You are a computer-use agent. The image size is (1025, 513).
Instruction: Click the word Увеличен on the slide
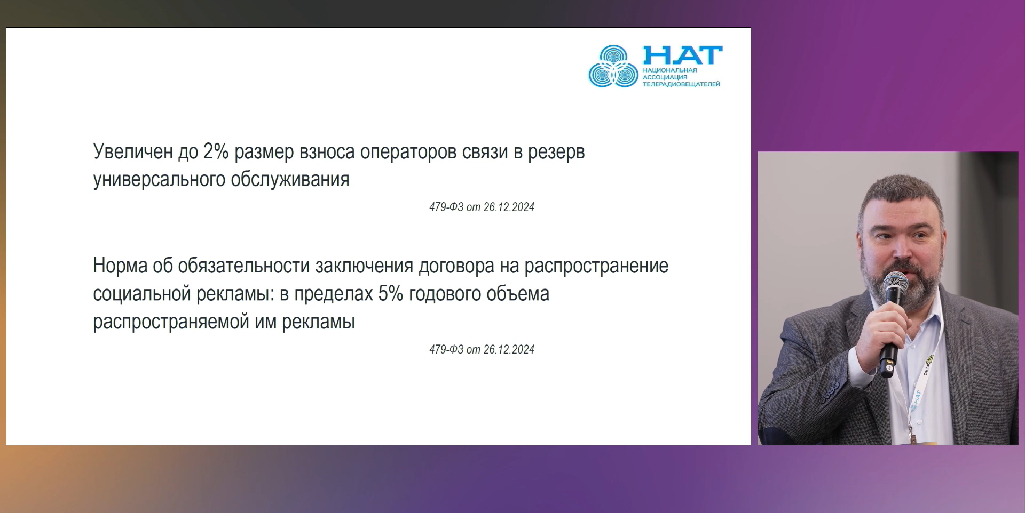click(133, 151)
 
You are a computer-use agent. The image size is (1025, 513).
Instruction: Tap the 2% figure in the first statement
click(216, 151)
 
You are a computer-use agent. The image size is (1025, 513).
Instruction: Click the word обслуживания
click(290, 180)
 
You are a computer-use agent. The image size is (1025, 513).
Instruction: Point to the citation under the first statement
click(482, 207)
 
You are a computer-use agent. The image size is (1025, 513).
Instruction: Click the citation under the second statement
click(482, 349)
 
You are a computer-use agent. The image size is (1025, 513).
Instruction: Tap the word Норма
click(120, 266)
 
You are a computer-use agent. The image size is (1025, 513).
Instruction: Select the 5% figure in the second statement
click(390, 293)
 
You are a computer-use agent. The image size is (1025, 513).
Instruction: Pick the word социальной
click(142, 294)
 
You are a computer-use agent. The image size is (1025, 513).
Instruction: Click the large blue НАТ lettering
click(683, 55)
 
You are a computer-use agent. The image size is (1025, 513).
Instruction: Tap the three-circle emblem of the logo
click(613, 67)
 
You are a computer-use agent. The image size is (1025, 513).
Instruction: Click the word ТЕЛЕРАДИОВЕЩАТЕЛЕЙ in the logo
click(681, 84)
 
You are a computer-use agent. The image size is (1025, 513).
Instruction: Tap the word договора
click(456, 266)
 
